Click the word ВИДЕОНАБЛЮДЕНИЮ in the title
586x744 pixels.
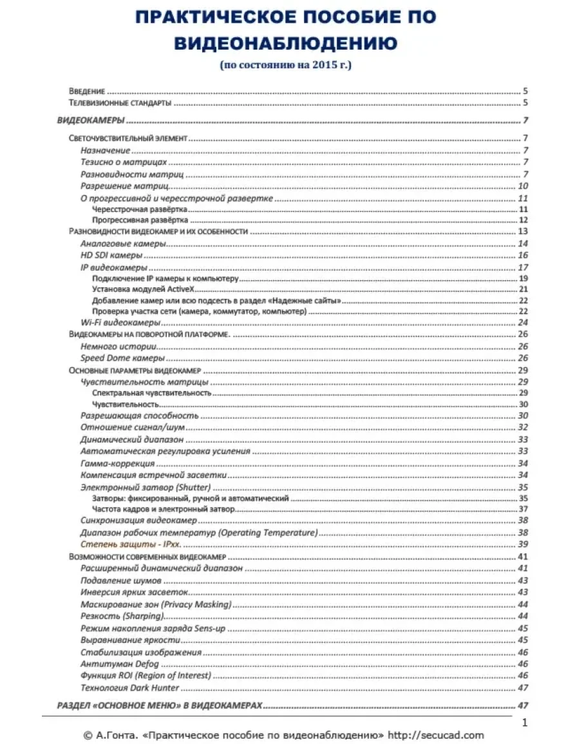286,43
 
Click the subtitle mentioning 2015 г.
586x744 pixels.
286,65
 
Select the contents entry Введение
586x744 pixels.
87,91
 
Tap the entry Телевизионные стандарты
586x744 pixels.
120,103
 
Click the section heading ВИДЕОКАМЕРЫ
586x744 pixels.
91,120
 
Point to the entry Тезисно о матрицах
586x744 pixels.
124,162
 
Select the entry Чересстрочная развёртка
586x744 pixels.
140,209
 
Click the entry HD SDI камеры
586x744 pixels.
111,256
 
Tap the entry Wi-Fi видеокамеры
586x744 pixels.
120,322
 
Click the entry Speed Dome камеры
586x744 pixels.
122,358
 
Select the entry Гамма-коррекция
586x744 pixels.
117,464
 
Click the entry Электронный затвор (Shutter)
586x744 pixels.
146,487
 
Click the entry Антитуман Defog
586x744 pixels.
119,663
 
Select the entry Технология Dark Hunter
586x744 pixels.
129,687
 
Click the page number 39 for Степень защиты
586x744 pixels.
522,544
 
